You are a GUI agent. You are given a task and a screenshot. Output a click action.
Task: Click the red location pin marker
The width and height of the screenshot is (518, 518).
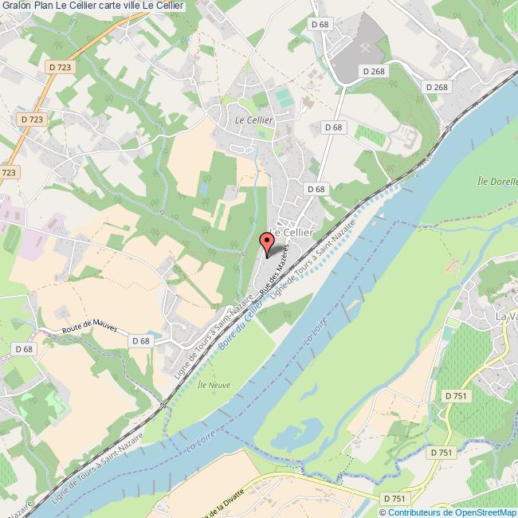(267, 243)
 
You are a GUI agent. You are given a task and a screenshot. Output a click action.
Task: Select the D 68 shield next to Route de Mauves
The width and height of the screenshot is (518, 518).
(140, 341)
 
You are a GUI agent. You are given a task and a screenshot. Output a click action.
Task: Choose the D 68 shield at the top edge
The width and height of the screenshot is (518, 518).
(320, 25)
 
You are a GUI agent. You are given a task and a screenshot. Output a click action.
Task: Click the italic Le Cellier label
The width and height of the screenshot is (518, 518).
(253, 120)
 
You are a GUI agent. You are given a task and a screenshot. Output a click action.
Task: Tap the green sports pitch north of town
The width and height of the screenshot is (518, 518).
(284, 97)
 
